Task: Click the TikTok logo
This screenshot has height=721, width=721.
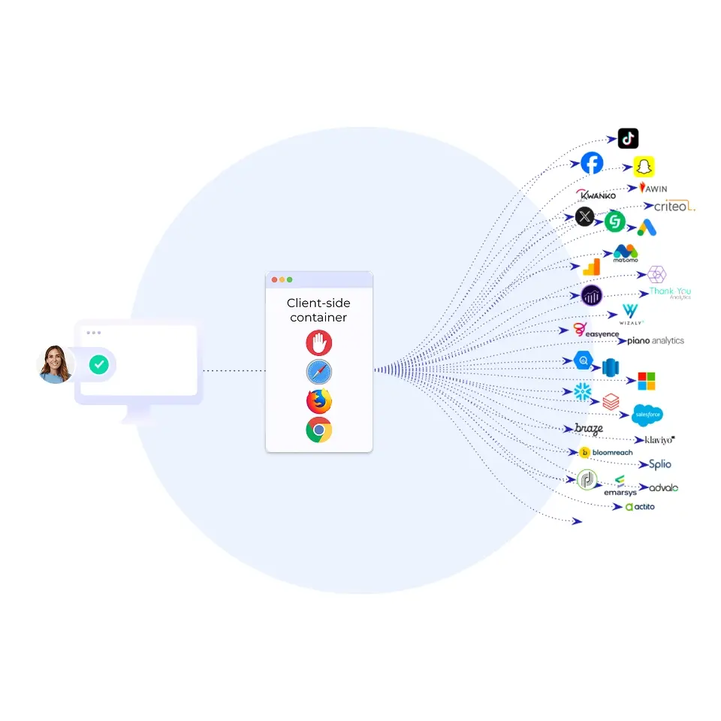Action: pos(628,138)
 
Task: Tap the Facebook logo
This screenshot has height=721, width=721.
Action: pos(592,163)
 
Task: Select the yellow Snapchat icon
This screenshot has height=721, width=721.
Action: pos(644,166)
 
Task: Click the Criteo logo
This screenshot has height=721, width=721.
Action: pos(674,206)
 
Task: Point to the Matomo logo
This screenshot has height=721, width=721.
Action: pos(626,253)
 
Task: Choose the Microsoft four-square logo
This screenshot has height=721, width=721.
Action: pos(646,381)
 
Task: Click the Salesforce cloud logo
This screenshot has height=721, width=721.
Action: pos(647,414)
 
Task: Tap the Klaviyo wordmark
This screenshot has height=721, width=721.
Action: pos(654,439)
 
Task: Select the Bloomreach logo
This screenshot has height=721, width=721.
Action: pos(606,452)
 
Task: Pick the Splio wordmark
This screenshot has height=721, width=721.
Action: pos(660,464)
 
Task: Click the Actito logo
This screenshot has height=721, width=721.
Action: pos(640,507)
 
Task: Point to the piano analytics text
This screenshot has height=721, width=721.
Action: pos(650,340)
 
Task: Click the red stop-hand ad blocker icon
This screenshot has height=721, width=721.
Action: pos(318,343)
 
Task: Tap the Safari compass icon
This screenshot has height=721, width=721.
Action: pos(318,373)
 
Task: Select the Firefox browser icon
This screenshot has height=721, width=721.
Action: pos(318,402)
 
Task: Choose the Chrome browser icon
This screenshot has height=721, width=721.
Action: pos(318,430)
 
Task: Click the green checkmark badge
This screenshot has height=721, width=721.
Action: pos(98,365)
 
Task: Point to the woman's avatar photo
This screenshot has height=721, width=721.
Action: pos(55,364)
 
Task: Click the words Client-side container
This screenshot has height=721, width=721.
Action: pos(318,310)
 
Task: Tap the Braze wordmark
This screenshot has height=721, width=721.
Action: pos(589,429)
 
